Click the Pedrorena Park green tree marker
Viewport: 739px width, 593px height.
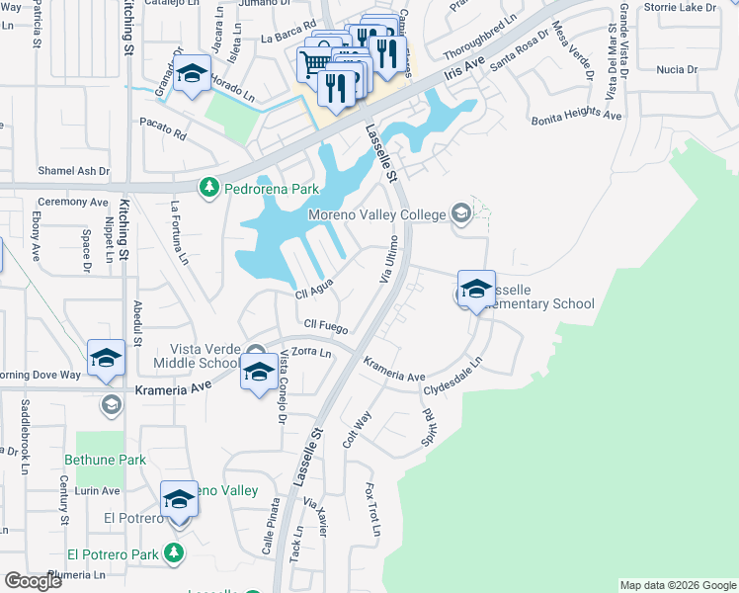click(208, 186)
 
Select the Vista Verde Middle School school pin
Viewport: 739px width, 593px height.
click(259, 373)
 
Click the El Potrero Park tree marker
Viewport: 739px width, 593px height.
click(175, 552)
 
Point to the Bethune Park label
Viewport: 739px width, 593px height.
click(105, 460)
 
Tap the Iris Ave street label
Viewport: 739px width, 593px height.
click(465, 69)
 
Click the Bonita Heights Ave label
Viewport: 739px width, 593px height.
click(576, 117)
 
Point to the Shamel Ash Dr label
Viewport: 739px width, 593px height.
click(73, 171)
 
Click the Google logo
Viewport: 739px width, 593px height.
click(34, 581)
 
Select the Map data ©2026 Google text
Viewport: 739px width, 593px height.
click(678, 585)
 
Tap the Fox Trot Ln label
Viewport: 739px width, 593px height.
click(372, 509)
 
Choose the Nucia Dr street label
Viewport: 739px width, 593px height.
click(677, 69)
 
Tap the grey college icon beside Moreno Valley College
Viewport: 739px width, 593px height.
click(459, 212)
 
